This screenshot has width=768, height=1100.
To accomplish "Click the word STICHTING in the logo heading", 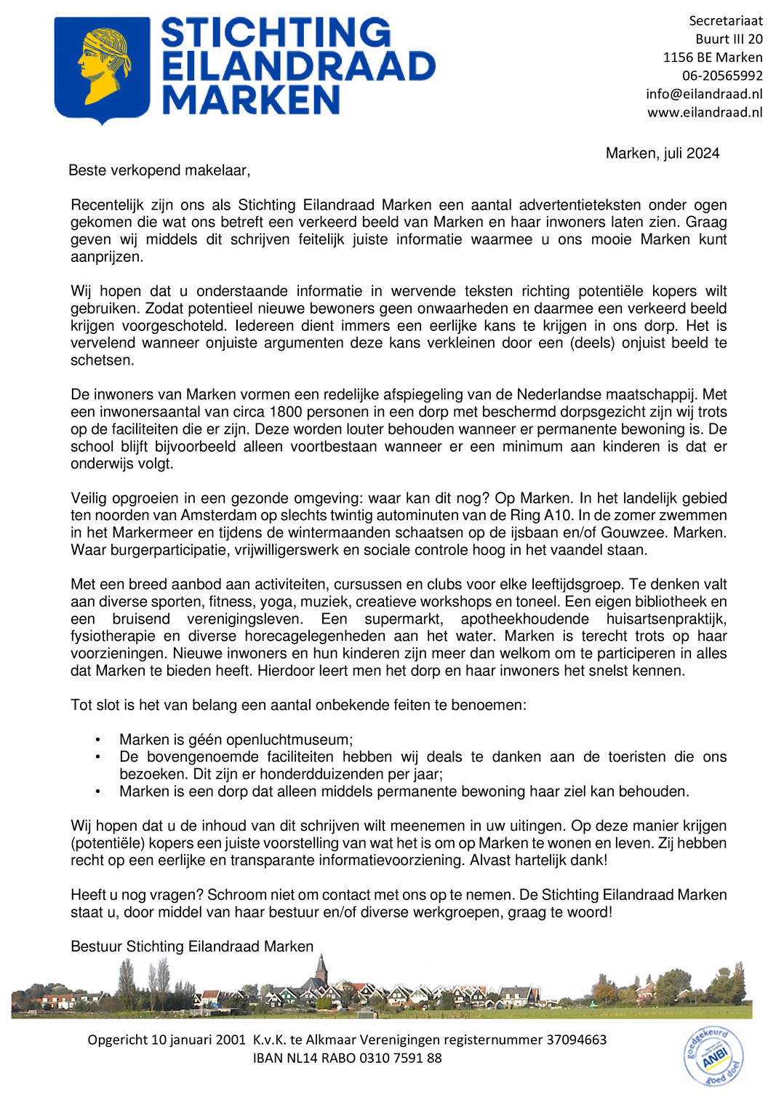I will coord(275,33).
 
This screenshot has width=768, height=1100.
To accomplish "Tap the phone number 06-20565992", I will coord(721,76).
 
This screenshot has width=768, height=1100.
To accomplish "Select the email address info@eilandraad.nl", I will coord(703,94).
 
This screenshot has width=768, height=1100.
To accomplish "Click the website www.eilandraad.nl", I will coord(705,112).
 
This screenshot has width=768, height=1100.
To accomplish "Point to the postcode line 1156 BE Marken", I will coord(712,57).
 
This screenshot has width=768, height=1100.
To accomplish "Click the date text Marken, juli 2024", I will coord(662,154).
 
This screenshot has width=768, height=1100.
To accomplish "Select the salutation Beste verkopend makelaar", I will coord(159,170).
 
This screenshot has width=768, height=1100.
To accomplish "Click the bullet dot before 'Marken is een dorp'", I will coord(97,792).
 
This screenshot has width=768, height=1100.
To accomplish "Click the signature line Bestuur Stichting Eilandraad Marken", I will coord(192,946).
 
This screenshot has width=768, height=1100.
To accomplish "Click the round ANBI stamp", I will coord(713,1056).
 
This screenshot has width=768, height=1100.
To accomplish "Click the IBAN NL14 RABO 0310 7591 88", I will coord(347,1058).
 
